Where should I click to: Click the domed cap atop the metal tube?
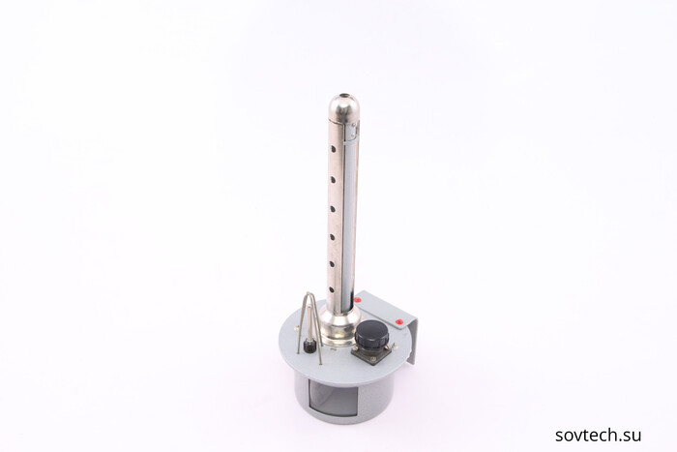click(x=344, y=107)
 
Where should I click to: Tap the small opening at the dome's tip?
click(x=345, y=95)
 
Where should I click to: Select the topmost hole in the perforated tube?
click(x=334, y=149)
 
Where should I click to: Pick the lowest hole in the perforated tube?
click(x=332, y=290)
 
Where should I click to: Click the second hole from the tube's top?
click(x=333, y=178)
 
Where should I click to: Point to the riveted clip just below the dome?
click(x=352, y=132)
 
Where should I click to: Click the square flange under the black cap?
click(x=371, y=353)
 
